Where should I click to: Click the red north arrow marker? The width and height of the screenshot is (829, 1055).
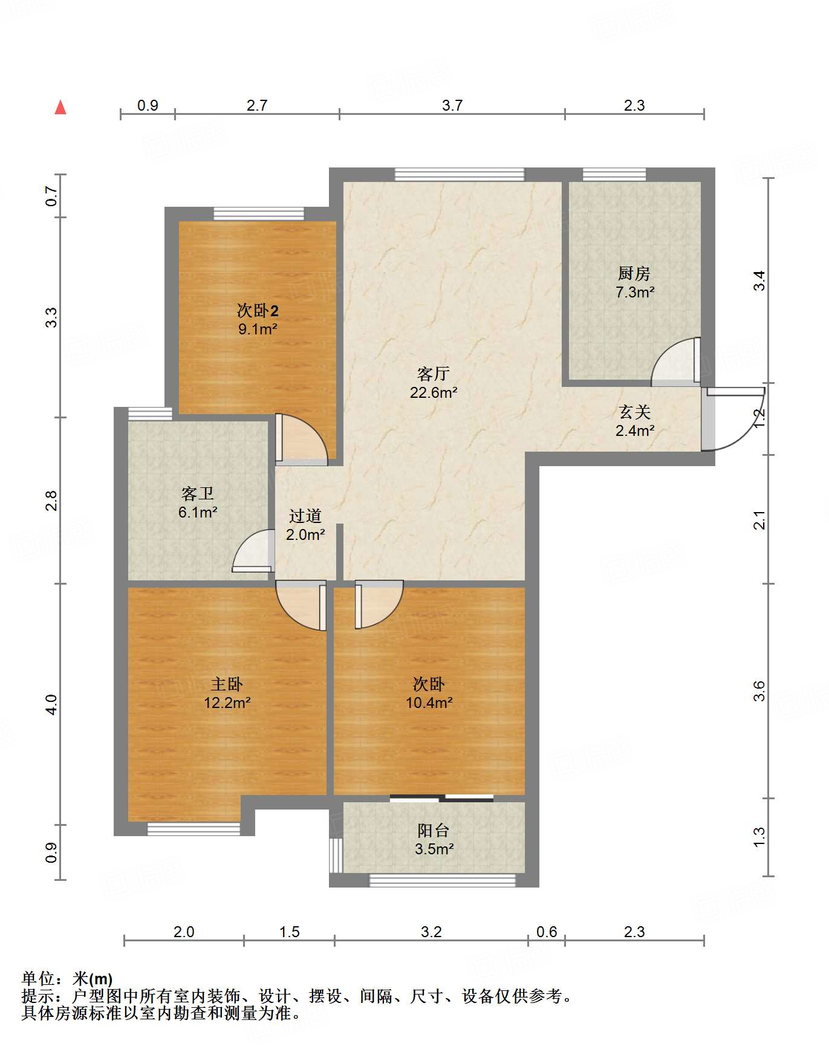coord(60,107)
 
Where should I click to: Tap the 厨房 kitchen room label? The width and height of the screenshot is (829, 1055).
coord(634,273)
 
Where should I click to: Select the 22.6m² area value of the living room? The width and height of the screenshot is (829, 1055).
coord(434,392)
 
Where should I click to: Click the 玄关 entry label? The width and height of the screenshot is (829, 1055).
coord(635,412)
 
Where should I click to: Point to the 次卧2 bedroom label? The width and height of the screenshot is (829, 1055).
coord(258,311)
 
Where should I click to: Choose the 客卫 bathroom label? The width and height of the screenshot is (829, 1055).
coord(198,494)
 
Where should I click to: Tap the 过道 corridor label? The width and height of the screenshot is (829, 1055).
coord(305,516)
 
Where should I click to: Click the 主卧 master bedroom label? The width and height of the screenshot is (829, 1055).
coord(227,684)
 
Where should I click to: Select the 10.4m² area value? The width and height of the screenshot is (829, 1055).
coord(429,703)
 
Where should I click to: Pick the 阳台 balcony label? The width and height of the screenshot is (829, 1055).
coord(434,830)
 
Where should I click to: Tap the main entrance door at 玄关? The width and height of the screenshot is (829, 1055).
coord(733,419)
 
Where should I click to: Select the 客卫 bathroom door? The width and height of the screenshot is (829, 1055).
coord(252,550)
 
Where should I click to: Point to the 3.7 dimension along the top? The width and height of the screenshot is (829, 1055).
coord(452,105)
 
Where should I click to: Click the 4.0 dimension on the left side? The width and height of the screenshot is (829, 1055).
coord(51,704)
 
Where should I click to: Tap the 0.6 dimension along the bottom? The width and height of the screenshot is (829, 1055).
coord(547,932)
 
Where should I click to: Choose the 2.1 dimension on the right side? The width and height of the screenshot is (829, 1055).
coord(759,520)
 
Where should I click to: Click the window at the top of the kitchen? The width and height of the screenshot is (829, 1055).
coord(614,174)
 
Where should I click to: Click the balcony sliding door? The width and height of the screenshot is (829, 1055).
coord(441,798)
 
